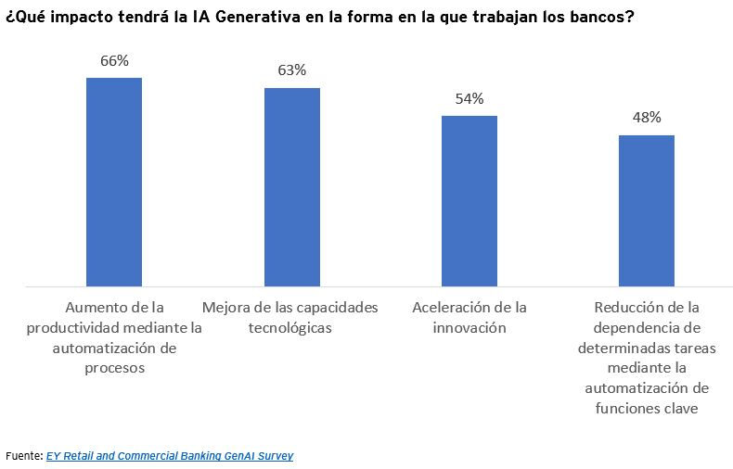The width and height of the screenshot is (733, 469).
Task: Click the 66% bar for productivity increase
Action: click(x=113, y=182)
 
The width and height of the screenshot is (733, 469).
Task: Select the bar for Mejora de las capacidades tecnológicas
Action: click(x=291, y=187)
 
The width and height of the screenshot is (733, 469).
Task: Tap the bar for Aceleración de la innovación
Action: click(x=469, y=201)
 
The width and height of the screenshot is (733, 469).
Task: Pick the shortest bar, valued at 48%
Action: click(x=646, y=210)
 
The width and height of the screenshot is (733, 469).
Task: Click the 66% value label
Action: click(x=114, y=60)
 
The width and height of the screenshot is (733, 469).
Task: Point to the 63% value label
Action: click(x=291, y=70)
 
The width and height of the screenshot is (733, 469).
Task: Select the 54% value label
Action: click(x=469, y=98)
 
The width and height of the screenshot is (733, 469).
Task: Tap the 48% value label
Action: click(x=647, y=118)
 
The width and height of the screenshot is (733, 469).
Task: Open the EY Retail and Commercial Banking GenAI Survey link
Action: click(x=169, y=455)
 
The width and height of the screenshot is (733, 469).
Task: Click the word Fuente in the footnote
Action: click(x=23, y=455)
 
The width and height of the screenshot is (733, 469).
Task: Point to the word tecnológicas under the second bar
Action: click(x=290, y=327)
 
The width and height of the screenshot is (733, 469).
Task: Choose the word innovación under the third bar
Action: click(x=469, y=327)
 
